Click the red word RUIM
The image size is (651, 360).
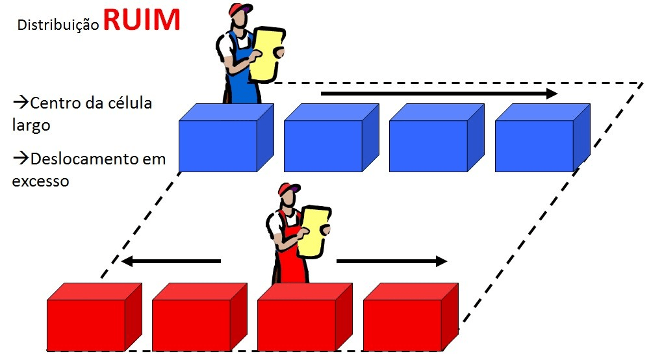click(141, 19)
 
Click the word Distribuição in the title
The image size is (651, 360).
click(58, 25)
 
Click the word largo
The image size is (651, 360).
click(31, 125)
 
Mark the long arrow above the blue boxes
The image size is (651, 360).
click(439, 94)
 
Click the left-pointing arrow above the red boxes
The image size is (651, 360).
click(172, 261)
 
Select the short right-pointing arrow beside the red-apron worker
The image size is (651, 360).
click(392, 261)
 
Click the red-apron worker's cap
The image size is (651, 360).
click(289, 190)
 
